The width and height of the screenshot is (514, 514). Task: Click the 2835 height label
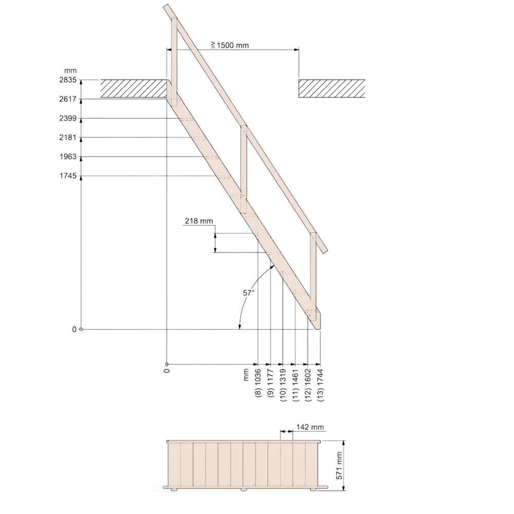[68, 80]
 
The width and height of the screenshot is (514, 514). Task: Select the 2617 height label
[68, 99]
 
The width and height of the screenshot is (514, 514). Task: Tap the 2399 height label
[68, 118]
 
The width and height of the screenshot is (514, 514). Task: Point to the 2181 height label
[68, 137]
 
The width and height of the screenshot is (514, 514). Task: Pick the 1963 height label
[68, 156]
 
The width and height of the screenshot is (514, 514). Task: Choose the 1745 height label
[68, 176]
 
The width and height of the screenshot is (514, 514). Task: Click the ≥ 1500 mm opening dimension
[230, 45]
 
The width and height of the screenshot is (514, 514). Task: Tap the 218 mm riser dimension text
[199, 221]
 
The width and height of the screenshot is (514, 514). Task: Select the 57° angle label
[248, 293]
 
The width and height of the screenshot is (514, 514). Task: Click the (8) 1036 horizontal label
[258, 383]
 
